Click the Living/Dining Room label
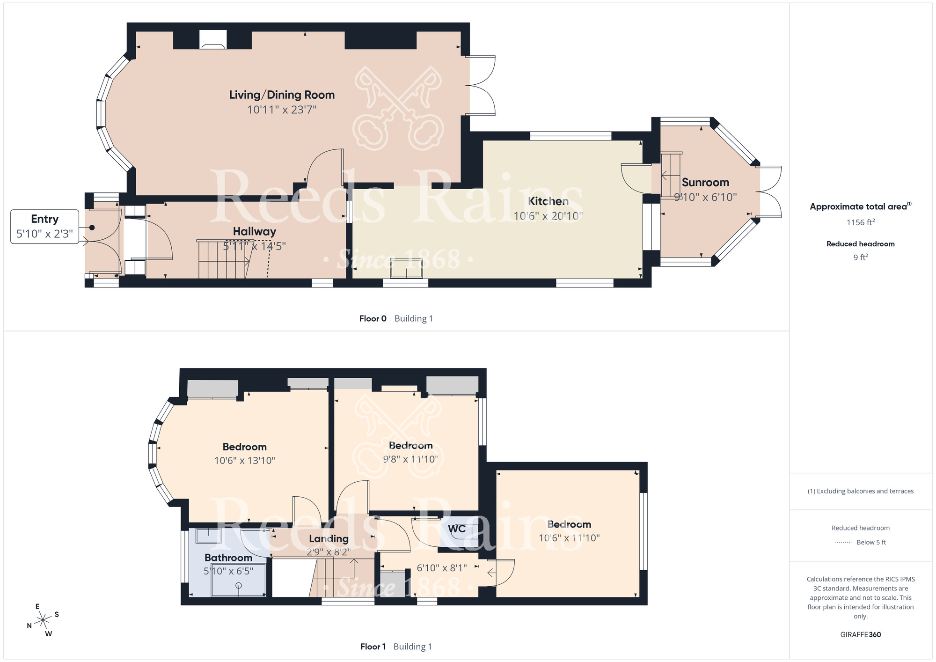tap(282, 95)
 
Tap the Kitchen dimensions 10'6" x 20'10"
tap(548, 216)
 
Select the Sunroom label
tap(705, 183)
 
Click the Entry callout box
tap(44, 227)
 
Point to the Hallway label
tap(255, 231)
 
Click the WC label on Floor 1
tap(457, 529)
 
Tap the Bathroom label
tap(228, 558)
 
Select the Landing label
tap(329, 539)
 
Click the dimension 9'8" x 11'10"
tap(410, 459)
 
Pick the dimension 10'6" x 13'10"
tap(244, 461)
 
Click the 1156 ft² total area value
tap(860, 222)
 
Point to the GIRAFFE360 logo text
tap(860, 635)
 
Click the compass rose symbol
tap(43, 620)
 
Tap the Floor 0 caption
tap(373, 319)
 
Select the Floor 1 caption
tap(373, 647)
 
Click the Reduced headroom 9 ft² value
tap(860, 257)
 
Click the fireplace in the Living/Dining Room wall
tap(213, 40)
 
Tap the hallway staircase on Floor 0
tap(222, 260)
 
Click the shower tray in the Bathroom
tap(238, 580)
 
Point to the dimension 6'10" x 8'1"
tap(442, 568)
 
